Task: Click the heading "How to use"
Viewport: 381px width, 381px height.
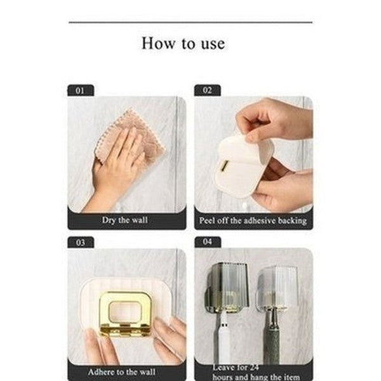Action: coord(183,43)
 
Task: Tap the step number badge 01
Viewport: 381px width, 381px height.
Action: coord(80,91)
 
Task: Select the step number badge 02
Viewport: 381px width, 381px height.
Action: coord(207,91)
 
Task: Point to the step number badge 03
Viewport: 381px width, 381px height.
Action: coord(80,243)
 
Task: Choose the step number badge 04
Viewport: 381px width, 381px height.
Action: coord(207,243)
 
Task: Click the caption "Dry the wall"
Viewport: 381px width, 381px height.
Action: coord(126,220)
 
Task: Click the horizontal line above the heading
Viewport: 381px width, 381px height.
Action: coord(190,22)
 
